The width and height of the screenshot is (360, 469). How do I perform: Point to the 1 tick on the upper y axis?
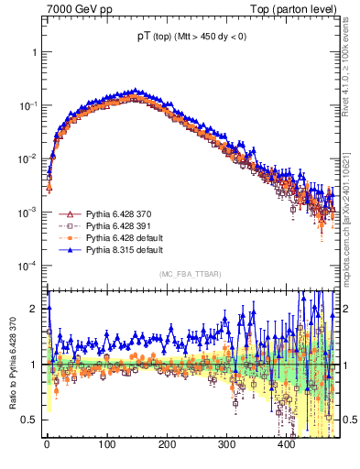36,52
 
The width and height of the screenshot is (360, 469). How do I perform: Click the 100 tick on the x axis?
107,446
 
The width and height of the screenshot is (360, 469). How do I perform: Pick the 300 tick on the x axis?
226,446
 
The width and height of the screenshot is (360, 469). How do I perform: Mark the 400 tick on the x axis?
286,446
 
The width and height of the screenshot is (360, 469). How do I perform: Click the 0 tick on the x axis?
48,446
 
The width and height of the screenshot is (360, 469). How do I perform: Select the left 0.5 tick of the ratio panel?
34,420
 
